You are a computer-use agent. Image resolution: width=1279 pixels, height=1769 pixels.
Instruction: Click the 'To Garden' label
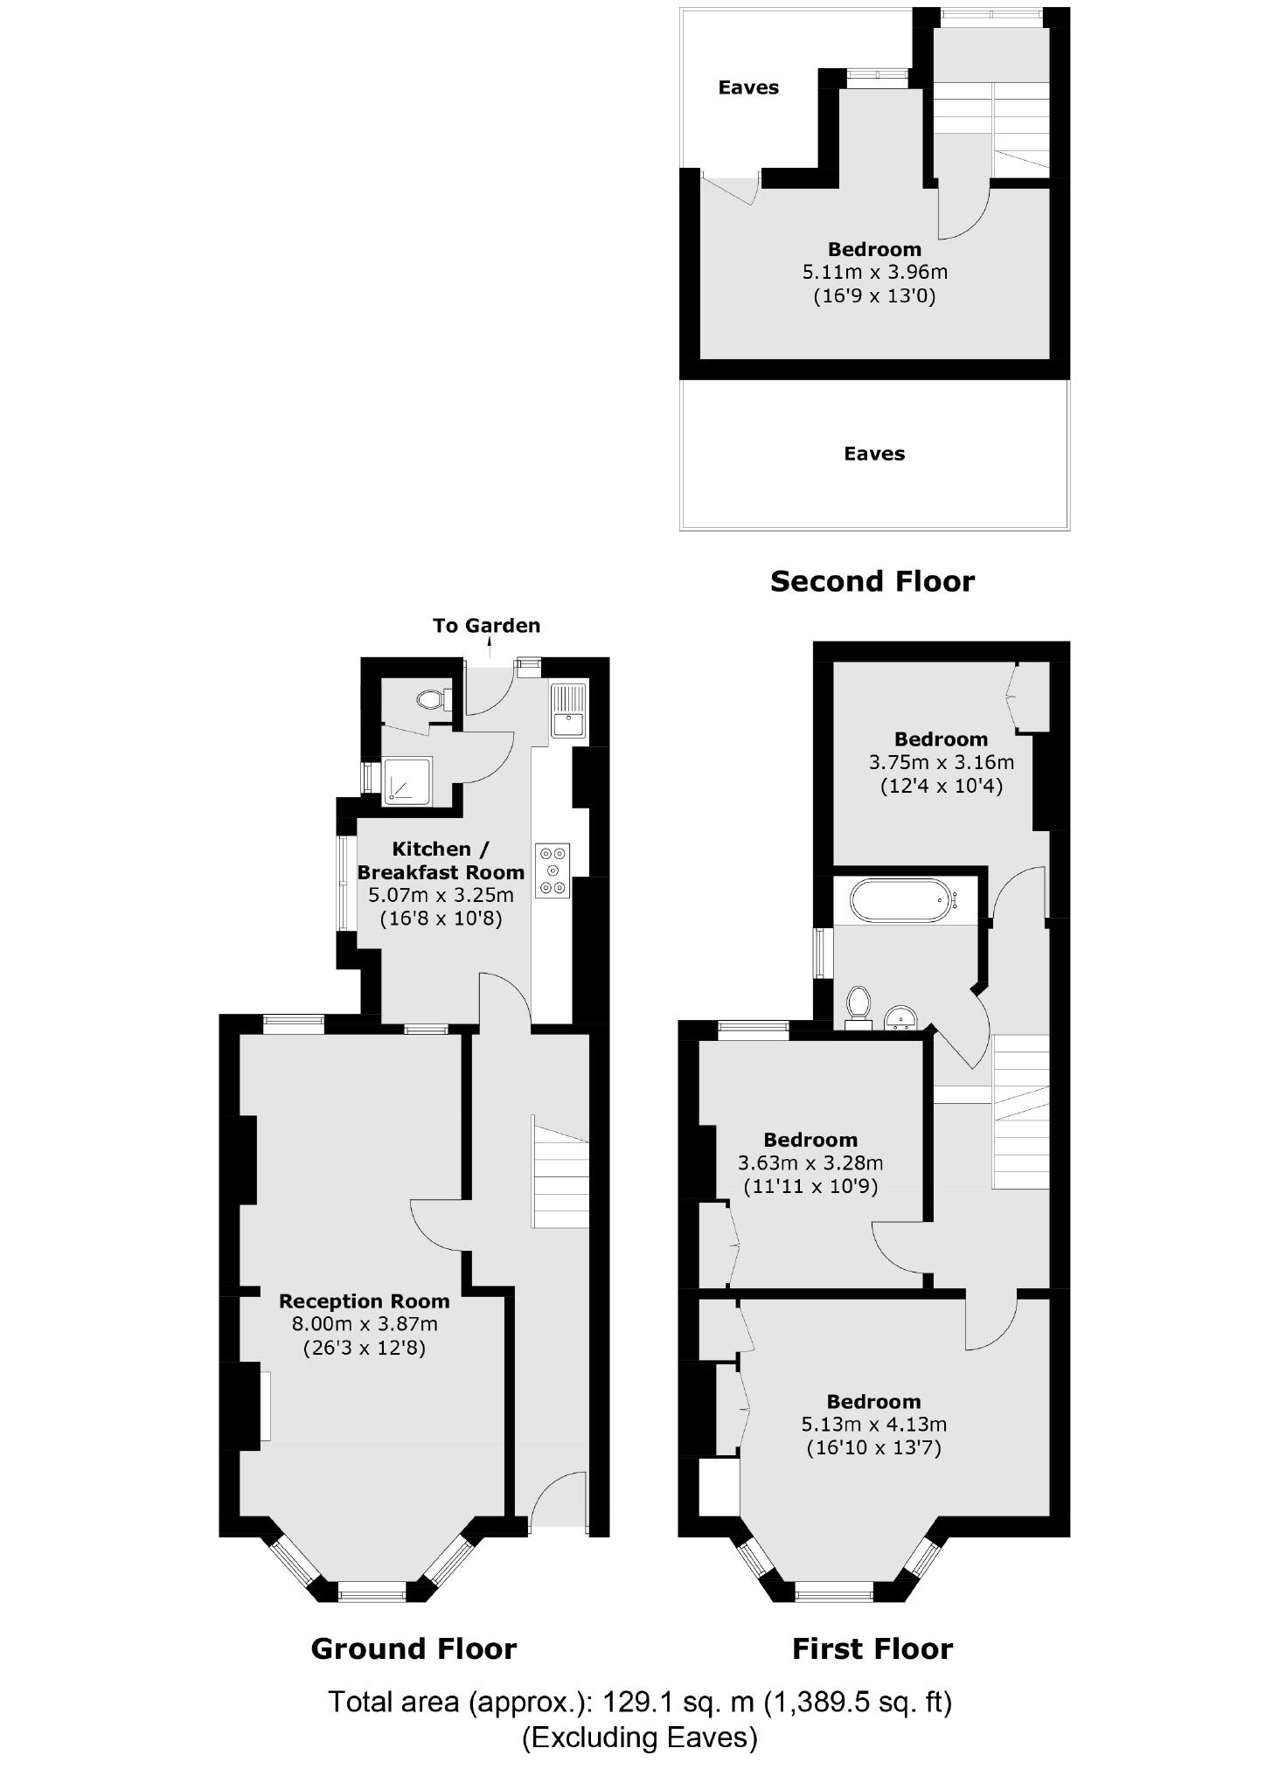(486, 626)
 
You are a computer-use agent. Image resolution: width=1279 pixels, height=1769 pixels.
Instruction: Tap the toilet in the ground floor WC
(431, 699)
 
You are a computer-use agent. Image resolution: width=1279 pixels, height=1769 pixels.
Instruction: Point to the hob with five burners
(553, 871)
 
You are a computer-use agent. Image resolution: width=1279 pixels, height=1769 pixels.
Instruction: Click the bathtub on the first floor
(899, 901)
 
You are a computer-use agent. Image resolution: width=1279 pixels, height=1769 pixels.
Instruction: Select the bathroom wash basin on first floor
(900, 1017)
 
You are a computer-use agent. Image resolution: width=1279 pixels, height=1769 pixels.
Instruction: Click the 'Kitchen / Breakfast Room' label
(441, 860)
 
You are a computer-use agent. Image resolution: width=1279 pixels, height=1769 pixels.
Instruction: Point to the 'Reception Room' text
(364, 1301)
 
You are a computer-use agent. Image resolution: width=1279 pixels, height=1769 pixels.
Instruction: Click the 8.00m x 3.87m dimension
(365, 1324)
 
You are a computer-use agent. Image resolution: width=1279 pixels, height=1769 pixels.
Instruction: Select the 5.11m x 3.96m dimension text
(874, 272)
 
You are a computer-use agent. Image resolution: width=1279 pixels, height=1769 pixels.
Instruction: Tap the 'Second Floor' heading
(872, 581)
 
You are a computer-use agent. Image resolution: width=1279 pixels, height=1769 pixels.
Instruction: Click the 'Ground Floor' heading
(414, 1649)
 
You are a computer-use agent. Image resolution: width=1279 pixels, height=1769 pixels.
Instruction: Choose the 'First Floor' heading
(872, 1649)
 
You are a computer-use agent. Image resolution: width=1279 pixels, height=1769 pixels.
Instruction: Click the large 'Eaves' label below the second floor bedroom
(874, 454)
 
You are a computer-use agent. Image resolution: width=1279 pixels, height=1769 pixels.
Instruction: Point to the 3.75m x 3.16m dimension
(941, 762)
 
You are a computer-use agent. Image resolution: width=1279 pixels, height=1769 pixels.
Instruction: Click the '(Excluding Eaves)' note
(639, 1738)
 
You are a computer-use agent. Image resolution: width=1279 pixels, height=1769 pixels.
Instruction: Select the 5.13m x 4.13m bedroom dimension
(873, 1425)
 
